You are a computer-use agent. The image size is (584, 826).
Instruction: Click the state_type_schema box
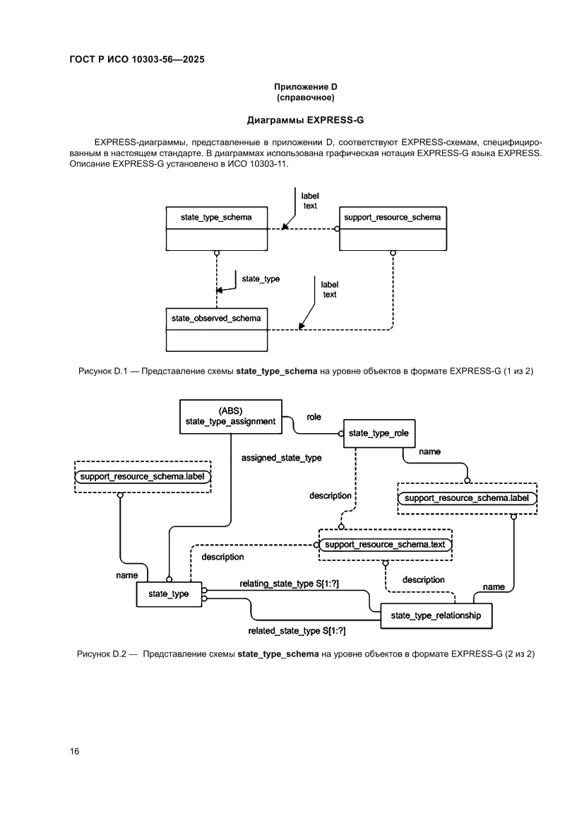216,228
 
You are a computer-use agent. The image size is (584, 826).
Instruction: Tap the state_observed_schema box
216,329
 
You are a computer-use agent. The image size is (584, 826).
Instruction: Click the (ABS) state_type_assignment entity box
231,416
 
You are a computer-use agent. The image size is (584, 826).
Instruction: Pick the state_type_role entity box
379,432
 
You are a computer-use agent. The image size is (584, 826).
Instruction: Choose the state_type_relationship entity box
436,615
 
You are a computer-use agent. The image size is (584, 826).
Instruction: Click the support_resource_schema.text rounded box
385,545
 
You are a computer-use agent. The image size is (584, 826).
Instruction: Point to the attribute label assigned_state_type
281,458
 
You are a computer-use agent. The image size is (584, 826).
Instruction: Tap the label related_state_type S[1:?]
297,630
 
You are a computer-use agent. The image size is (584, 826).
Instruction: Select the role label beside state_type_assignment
314,418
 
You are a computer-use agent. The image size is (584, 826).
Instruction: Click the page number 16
74,750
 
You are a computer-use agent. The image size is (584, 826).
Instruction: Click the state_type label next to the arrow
261,279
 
